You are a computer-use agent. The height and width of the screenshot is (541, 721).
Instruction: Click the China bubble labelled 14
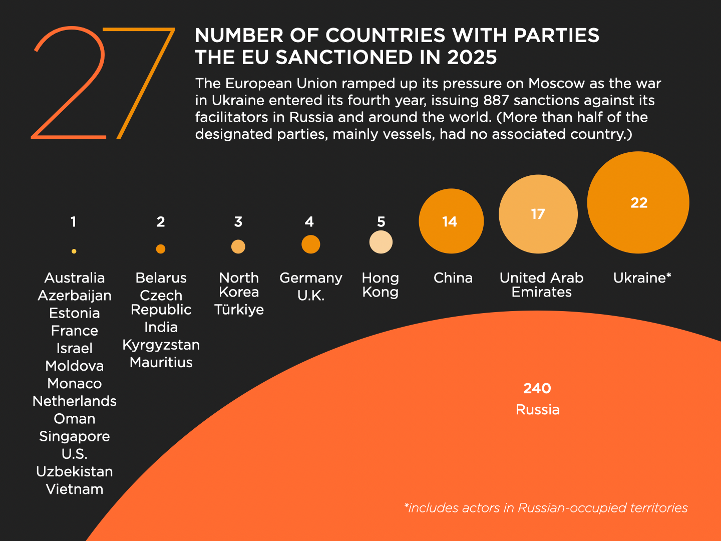point(451,221)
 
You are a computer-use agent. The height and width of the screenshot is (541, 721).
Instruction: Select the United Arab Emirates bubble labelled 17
point(538,214)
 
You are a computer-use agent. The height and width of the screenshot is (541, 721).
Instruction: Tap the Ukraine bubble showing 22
point(638,202)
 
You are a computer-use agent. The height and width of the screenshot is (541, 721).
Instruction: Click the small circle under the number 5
point(381,242)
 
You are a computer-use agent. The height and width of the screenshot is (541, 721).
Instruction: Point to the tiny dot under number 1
point(74,251)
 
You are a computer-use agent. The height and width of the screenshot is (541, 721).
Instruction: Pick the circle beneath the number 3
point(238,246)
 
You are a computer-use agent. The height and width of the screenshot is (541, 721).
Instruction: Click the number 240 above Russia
point(537,388)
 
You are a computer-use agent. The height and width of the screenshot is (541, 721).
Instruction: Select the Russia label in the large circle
point(538,410)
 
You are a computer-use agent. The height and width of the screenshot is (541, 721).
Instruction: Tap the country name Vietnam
point(75,489)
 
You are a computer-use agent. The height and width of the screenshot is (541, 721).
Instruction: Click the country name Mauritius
point(161,362)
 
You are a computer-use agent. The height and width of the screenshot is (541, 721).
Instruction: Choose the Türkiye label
point(239,310)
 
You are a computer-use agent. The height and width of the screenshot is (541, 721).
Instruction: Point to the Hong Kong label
point(381,285)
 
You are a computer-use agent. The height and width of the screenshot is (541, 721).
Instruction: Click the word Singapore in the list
point(75,436)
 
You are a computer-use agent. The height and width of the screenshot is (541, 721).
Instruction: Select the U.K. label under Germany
point(311,296)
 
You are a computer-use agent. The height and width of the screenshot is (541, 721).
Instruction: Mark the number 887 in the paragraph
point(496,100)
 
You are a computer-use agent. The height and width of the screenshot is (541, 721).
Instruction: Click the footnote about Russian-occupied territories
point(546,508)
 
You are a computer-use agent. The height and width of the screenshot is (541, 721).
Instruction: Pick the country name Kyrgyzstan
point(161,345)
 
